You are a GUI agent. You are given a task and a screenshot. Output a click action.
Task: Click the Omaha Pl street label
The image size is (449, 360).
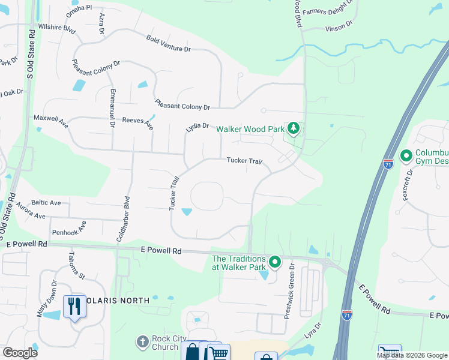click(x=80, y=8)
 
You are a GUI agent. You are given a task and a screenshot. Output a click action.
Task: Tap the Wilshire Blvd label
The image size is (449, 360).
click(x=56, y=28)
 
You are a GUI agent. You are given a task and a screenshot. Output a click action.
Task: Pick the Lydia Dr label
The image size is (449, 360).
click(x=197, y=127)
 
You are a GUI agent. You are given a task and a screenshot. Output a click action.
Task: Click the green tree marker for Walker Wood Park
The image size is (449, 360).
click(x=294, y=128)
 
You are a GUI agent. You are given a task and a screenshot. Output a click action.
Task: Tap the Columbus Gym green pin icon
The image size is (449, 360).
click(x=406, y=157)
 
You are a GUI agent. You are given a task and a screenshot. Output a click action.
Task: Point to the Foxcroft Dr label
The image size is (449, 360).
click(x=408, y=185)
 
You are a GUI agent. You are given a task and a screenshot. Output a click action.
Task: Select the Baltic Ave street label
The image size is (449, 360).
click(x=46, y=203)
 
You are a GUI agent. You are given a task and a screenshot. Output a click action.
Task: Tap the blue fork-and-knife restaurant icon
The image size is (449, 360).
click(x=74, y=306)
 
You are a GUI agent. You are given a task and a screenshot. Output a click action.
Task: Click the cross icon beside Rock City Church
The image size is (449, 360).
click(x=142, y=342)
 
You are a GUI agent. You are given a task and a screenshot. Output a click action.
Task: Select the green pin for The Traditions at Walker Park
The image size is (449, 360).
click(x=275, y=262)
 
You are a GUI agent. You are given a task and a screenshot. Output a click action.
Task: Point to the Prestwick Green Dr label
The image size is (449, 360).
click(x=291, y=290)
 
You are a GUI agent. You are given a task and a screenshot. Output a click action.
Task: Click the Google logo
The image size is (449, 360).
click(x=20, y=352)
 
